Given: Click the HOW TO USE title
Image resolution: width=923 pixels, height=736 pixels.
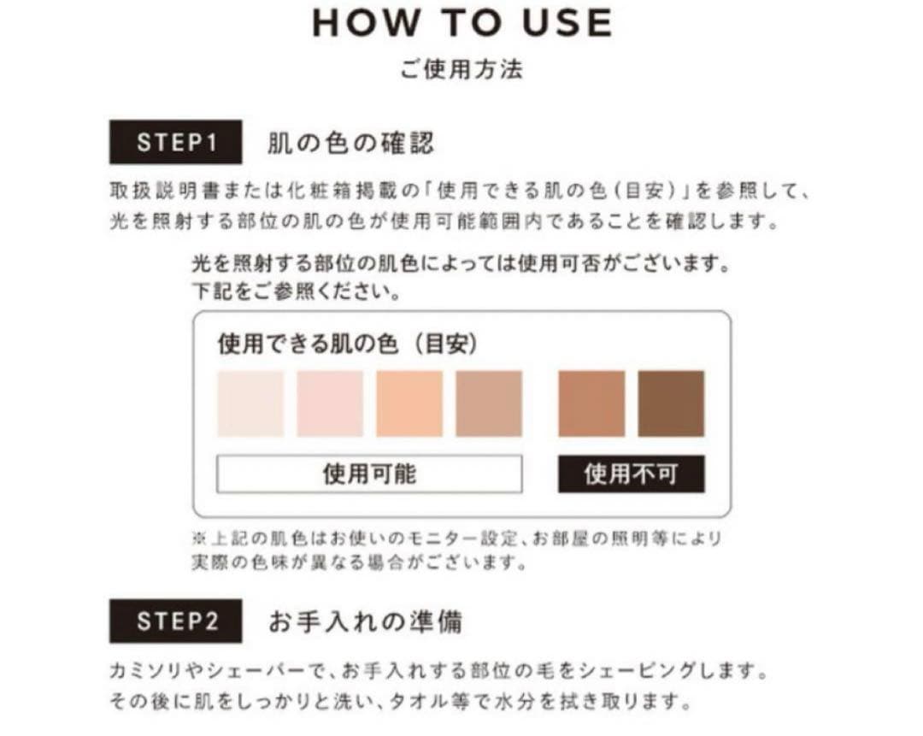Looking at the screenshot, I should [x=461, y=23].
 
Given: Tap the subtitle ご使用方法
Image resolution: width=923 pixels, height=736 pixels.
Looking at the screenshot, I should [x=461, y=69].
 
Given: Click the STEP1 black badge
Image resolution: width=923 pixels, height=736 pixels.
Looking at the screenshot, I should [x=176, y=143].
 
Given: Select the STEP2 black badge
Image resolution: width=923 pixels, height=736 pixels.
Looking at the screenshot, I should [x=176, y=621].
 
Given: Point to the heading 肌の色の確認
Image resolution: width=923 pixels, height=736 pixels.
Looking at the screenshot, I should [x=350, y=143].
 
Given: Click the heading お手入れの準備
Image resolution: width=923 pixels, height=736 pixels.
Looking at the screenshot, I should [x=365, y=621].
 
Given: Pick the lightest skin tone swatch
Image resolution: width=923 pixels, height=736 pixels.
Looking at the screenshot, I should [x=250, y=403].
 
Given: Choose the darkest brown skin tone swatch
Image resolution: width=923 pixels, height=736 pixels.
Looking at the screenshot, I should [x=671, y=403].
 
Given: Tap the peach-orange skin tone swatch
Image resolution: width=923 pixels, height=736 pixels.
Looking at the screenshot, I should [x=409, y=403].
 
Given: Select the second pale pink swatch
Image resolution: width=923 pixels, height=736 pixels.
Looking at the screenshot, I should [x=330, y=403].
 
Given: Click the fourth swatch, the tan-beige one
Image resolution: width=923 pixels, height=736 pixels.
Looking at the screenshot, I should [x=489, y=403].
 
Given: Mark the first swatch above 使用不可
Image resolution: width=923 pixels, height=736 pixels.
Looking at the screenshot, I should [x=591, y=403].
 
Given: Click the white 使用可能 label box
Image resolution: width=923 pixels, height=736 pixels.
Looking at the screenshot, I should [x=369, y=474].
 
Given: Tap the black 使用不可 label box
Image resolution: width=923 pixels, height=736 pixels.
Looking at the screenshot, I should [x=632, y=474].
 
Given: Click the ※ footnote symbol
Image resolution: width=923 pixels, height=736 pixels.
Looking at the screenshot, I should [x=199, y=540].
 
